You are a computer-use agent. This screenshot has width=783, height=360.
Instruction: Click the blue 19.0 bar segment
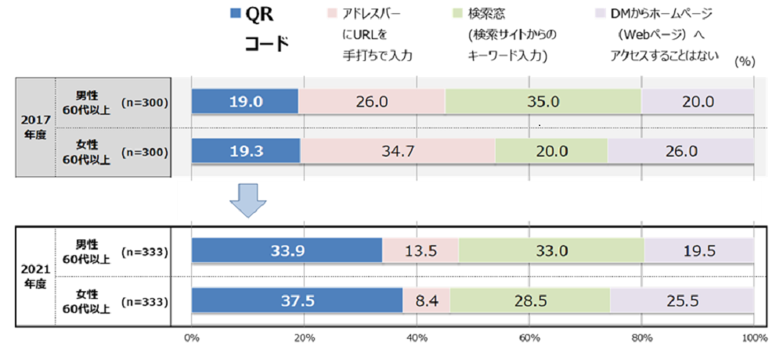coord(245,102)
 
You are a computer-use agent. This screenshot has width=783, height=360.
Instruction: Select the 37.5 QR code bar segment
coord(297,301)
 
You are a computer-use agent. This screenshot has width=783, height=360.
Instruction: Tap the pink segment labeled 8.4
coord(426,301)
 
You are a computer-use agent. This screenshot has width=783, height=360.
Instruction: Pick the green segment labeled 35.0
coord(543,102)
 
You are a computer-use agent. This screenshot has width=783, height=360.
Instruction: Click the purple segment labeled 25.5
coord(681,301)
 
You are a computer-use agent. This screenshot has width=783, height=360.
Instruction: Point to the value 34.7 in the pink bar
coord(398,151)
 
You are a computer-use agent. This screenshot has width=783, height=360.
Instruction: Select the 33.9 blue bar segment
coord(287,251)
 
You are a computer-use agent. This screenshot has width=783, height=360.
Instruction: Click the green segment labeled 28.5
coord(529,301)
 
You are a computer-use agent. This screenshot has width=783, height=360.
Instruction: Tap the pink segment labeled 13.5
coord(420,251)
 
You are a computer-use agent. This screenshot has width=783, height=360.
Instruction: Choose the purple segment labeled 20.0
coord(697,102)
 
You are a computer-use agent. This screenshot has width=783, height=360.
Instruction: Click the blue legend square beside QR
coord(236,13)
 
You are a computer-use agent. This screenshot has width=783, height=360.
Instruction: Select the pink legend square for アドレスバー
coord(329,13)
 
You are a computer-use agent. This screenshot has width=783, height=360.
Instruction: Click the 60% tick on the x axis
coord(529,338)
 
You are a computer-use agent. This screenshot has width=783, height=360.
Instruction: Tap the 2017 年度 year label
coord(34,127)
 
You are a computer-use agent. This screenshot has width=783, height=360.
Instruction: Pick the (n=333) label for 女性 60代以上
coord(146,301)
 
